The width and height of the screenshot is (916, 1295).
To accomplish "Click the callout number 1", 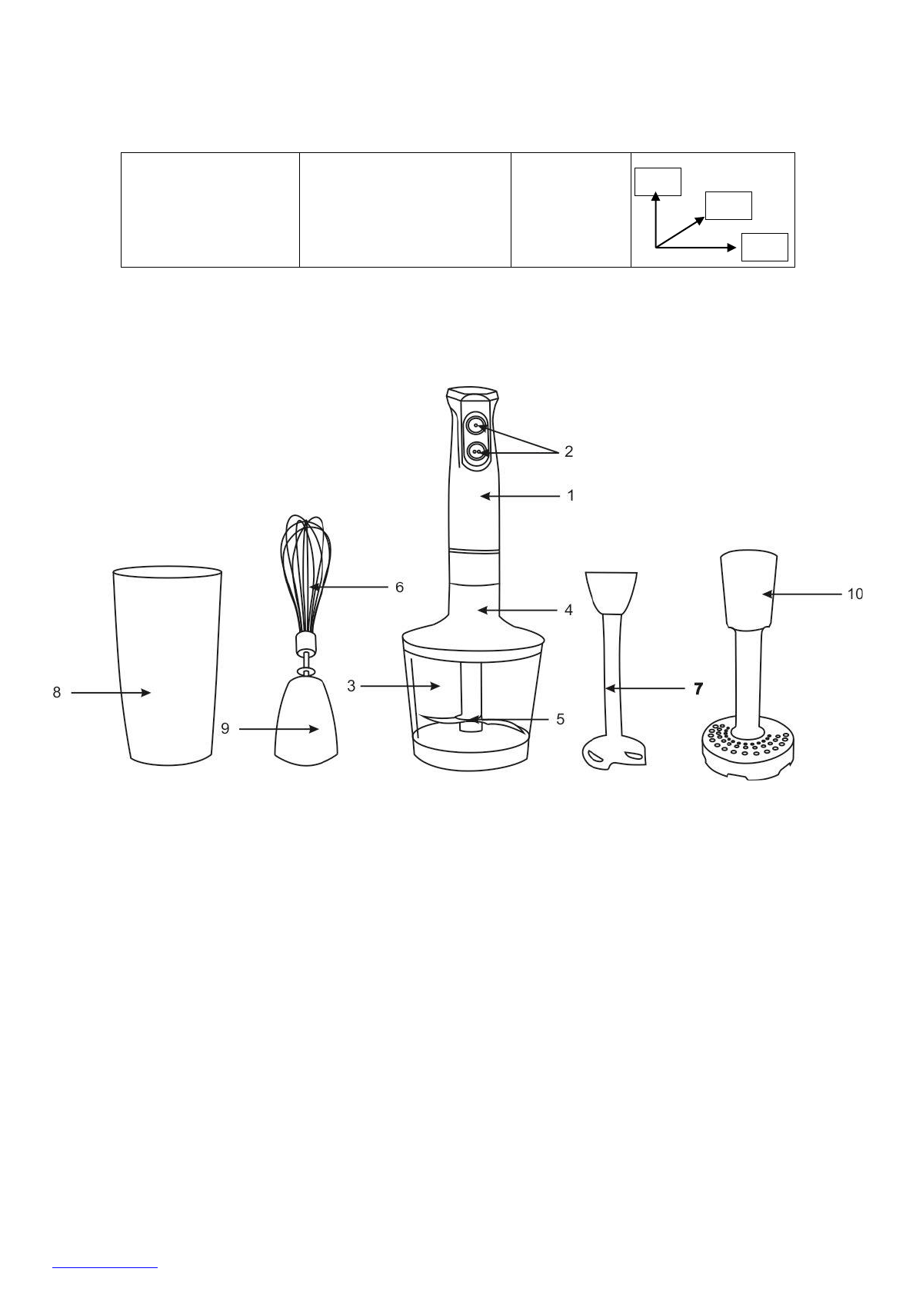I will coord(571,496).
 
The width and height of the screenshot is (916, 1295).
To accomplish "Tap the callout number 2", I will coord(568,451).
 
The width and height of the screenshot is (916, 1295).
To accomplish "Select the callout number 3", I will coord(351,686).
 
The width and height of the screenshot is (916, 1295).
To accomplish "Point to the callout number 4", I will coord(568,610).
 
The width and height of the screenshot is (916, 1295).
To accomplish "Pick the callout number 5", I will coord(560,719).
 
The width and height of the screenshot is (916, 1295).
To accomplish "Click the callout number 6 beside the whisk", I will coord(399,587).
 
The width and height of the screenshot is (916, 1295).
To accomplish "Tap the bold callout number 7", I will coord(698,689).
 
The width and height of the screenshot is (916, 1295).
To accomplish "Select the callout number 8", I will coord(57,692).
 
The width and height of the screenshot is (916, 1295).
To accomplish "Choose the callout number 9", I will coord(225,727).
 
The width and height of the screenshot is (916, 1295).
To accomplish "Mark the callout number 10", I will coord(854,594).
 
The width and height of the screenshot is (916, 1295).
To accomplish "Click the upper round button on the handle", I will coord(477,425).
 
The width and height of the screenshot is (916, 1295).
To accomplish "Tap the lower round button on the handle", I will coord(477,453).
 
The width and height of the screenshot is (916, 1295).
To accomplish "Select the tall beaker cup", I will coord(168,665).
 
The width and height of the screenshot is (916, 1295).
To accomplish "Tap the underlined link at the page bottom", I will coord(105,1266).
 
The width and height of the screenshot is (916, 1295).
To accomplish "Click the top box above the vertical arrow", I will coord(658,181).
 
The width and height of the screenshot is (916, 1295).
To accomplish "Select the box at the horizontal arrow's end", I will coord(764,247).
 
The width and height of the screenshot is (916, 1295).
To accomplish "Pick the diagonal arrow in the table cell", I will coord(681,231).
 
